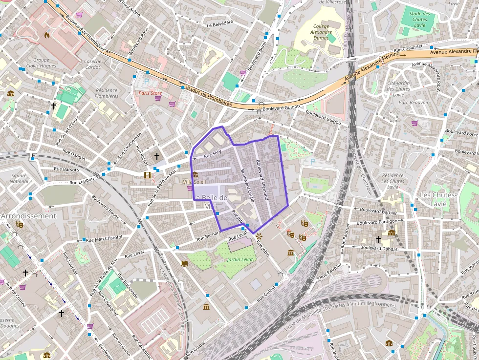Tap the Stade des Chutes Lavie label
click(x=419, y=19)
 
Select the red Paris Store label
click(x=150, y=93)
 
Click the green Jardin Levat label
click(x=240, y=259)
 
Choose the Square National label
click(x=19, y=178)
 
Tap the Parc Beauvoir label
click(x=413, y=103)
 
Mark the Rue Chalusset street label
click(x=408, y=48)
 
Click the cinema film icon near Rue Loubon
click(x=147, y=175)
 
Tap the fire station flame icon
click(x=47, y=35)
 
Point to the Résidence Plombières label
click(x=107, y=93)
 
